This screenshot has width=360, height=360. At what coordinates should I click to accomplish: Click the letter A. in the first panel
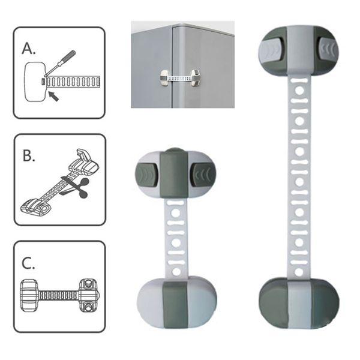29,49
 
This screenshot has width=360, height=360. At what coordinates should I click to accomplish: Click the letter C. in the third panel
28,263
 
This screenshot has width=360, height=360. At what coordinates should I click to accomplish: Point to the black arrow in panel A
54,96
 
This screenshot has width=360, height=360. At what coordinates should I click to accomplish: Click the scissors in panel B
75,188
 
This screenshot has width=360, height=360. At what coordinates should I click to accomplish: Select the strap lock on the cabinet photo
181,78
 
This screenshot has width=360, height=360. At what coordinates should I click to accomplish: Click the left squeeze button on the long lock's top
270,49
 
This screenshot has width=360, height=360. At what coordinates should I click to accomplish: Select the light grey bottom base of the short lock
177,303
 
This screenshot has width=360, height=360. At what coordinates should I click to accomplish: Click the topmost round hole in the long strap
299,91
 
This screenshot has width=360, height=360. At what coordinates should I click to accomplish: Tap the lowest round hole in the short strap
176,272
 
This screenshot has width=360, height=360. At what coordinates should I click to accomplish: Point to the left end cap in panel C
29,295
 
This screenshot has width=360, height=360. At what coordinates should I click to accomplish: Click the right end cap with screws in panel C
89,295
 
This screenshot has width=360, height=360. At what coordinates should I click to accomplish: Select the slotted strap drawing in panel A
73,82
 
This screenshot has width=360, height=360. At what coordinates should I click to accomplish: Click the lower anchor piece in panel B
36,208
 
